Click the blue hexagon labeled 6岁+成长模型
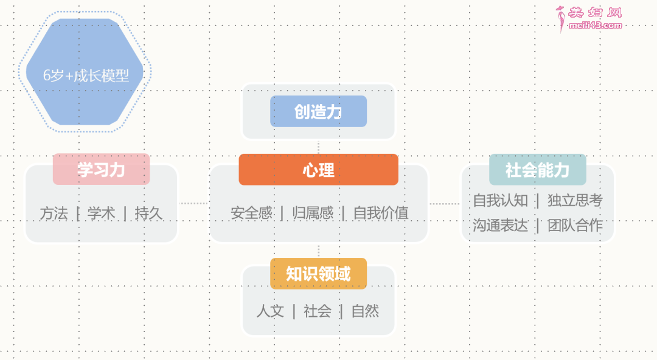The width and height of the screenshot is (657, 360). click(x=85, y=72)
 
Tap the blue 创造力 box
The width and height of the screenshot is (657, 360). click(x=318, y=111)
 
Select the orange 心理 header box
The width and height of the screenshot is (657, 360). click(x=318, y=170)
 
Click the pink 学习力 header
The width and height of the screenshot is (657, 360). click(x=102, y=169)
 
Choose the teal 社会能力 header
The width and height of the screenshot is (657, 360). click(x=538, y=170)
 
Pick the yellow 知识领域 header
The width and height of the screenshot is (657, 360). click(x=318, y=274)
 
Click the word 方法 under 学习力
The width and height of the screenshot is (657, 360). click(x=54, y=213)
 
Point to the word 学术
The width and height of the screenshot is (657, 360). click(x=101, y=213)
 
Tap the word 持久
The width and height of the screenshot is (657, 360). click(x=148, y=213)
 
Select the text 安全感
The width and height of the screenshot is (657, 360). click(x=251, y=213)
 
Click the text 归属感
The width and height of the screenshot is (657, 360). click(x=313, y=213)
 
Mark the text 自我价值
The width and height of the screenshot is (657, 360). click(x=381, y=213)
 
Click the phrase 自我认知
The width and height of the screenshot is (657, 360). click(x=500, y=200)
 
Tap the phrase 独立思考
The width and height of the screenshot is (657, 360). click(x=575, y=200)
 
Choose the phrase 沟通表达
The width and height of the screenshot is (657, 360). click(x=500, y=226)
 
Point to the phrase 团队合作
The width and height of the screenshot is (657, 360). click(x=575, y=226)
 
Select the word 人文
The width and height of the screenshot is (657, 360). click(x=270, y=311)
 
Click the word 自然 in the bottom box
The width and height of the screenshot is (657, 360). click(x=366, y=311)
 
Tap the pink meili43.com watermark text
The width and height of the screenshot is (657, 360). click(x=595, y=26)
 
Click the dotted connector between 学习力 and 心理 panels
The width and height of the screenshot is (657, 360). click(x=193, y=203)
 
